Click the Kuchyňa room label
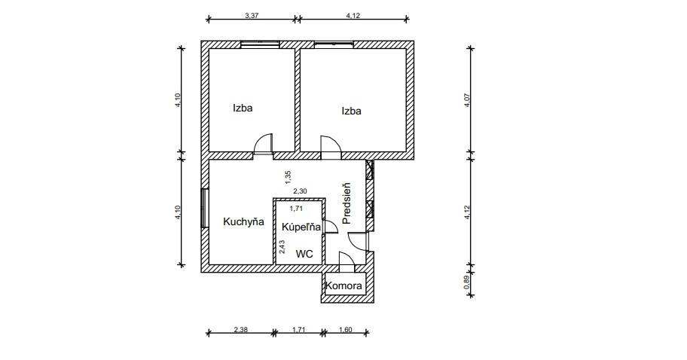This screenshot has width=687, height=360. pos(243,222)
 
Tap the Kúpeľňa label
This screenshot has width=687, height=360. pos(301,227)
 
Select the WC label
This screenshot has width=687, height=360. pos(304,254)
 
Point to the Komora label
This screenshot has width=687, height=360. pos(344,286)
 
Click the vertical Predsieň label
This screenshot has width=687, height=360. pos(347,203)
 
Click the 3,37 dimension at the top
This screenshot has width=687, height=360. pos(252,15)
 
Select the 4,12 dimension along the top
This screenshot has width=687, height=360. pos(353,15)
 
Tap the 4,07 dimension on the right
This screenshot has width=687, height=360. pos(467,100)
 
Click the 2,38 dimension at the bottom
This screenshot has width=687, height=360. pos(241,330)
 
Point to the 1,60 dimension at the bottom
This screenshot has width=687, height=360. pos(345,330)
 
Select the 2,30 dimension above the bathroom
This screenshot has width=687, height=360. pos(300,191)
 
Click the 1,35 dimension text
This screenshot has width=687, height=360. pos(288,177)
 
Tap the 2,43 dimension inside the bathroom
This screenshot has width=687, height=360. pos(282,246)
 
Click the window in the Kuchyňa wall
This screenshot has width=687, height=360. pos(204,208)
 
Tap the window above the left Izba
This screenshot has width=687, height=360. pos(260,44)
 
